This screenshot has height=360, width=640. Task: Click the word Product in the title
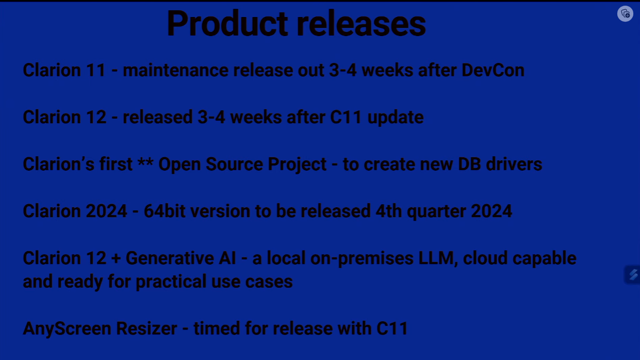(x=227, y=23)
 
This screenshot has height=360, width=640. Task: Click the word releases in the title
(x=361, y=23)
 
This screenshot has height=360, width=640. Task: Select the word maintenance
(x=176, y=70)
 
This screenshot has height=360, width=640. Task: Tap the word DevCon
(x=493, y=70)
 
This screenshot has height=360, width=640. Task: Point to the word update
(x=396, y=118)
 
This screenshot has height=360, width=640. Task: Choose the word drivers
(x=514, y=165)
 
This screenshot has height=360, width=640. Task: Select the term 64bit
(x=165, y=211)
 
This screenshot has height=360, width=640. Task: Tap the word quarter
(x=436, y=211)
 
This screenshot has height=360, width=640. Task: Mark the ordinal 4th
(x=388, y=211)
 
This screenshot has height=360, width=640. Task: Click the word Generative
(x=170, y=258)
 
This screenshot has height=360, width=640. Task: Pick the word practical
(x=171, y=282)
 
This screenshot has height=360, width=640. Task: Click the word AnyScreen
(x=67, y=329)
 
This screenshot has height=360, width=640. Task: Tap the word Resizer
(x=146, y=329)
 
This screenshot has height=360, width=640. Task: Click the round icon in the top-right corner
(x=625, y=13)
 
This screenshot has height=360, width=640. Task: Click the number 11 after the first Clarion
(x=96, y=70)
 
